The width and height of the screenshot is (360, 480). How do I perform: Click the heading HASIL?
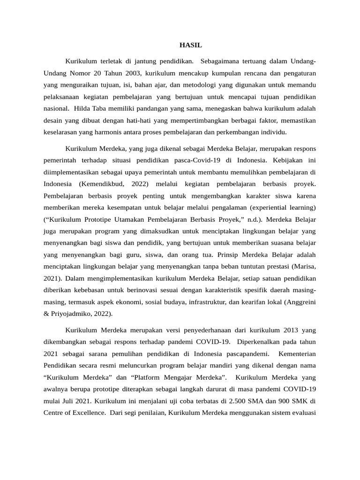pyautogui.click(x=191, y=45)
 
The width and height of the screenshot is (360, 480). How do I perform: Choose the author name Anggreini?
pyautogui.click(x=300, y=303)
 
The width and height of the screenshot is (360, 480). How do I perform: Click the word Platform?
pyautogui.click(x=151, y=377)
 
